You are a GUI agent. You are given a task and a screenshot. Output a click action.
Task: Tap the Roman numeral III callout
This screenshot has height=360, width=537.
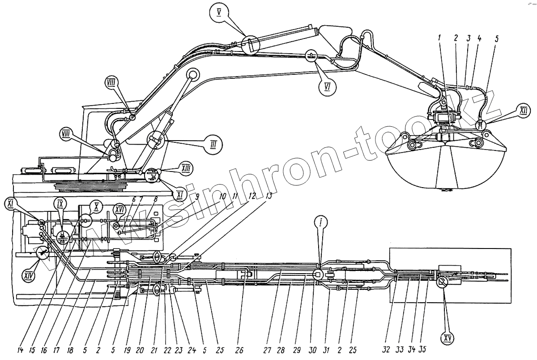click(x=213, y=146)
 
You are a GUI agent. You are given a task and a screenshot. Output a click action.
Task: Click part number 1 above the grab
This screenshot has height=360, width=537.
click(x=440, y=38)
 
